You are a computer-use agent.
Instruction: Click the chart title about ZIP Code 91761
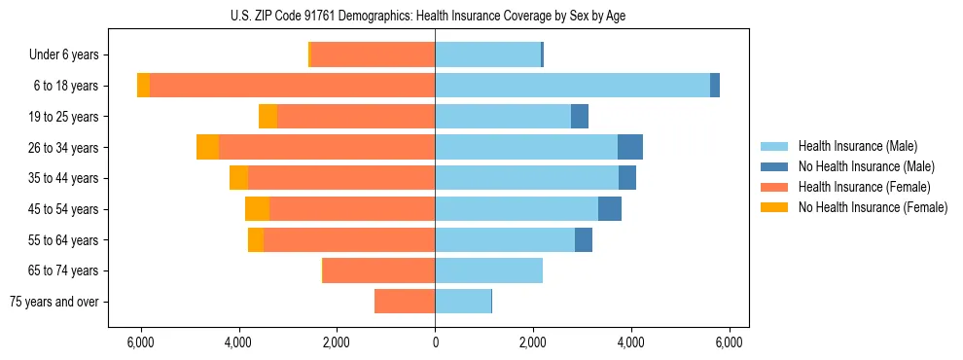tap(435, 16)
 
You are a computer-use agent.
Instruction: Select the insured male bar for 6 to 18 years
tap(572, 86)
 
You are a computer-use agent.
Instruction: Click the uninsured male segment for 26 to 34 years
tap(630, 147)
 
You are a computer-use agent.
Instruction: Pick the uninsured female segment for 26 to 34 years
tap(207, 147)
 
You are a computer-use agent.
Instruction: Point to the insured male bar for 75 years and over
tap(463, 302)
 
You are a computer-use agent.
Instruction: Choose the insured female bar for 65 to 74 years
tap(378, 270)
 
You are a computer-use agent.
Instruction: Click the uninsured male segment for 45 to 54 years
tap(610, 209)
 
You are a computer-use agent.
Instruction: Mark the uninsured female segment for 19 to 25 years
tap(267, 117)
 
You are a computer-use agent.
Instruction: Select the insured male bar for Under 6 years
tap(487, 54)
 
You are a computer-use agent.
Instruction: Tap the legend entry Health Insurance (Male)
tap(857, 146)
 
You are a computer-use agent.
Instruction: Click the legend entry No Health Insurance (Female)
tap(873, 207)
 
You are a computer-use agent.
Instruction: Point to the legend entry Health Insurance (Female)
tap(864, 187)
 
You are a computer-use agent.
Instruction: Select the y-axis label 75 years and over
tap(53, 302)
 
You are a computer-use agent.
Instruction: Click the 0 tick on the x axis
tap(435, 342)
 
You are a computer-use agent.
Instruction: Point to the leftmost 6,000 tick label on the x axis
tap(140, 342)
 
